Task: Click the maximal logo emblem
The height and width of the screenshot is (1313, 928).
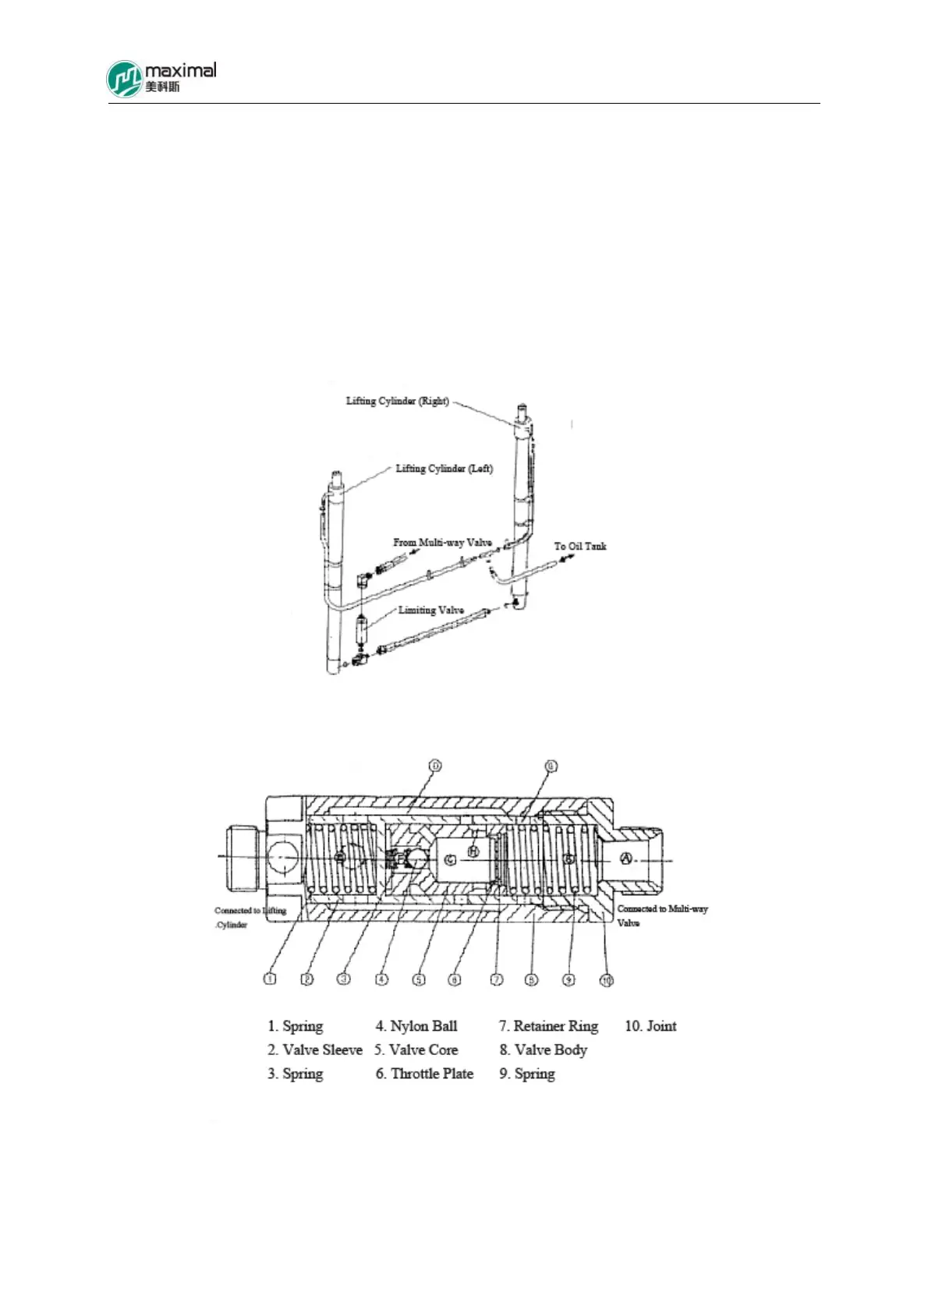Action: [x=125, y=80]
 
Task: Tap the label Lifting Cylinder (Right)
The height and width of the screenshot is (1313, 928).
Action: [x=397, y=401]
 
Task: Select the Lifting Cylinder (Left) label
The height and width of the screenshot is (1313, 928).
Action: [x=444, y=469]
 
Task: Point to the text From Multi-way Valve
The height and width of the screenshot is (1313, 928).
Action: [x=442, y=542]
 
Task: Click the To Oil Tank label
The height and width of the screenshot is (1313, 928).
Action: [x=580, y=546]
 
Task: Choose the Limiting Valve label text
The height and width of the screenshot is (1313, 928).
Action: [x=431, y=610]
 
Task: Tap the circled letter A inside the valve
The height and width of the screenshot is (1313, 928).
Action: [x=625, y=858]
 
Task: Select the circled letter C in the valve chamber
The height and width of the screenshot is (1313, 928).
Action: [x=450, y=858]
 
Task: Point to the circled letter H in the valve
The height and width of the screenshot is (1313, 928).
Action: [x=473, y=851]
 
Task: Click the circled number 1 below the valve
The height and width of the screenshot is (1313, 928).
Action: [x=270, y=979]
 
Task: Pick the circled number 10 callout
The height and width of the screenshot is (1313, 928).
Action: [x=606, y=979]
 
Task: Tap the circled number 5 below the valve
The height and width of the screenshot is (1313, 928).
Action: [x=419, y=979]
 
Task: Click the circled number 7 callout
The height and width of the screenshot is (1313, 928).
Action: [x=496, y=979]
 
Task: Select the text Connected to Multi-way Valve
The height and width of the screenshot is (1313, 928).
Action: [x=662, y=915]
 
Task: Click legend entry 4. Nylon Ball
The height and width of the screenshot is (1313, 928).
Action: [x=416, y=1026]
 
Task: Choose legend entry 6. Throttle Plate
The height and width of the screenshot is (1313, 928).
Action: [x=424, y=1074]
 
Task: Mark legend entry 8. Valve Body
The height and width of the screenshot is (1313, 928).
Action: [x=543, y=1050]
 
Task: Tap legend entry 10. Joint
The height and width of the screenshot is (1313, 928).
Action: [x=650, y=1026]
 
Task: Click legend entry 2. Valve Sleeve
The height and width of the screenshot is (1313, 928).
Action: [x=315, y=1050]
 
